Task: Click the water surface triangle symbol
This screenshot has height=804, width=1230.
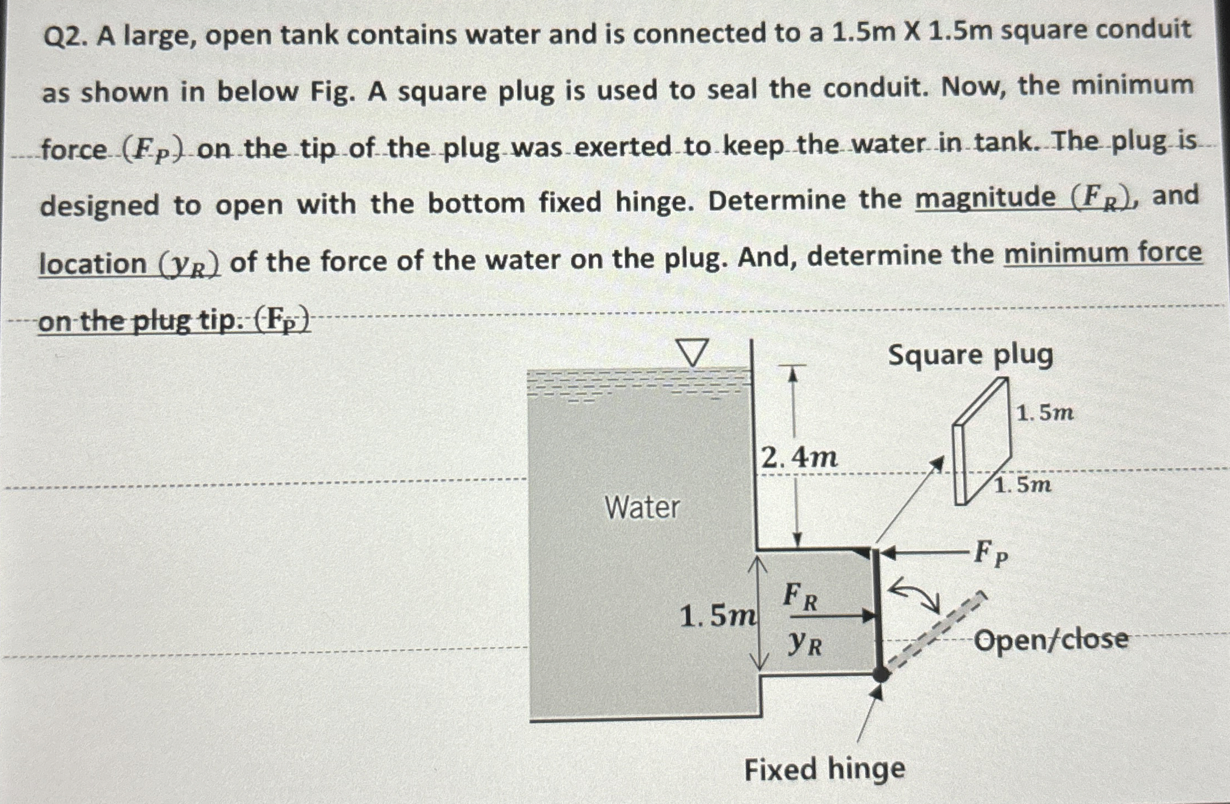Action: click(x=692, y=353)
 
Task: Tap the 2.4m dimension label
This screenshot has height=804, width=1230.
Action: click(x=799, y=458)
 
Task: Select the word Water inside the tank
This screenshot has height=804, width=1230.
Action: click(x=642, y=507)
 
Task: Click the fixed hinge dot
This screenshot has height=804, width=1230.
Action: click(x=881, y=674)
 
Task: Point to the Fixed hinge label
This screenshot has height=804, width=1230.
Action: click(x=825, y=769)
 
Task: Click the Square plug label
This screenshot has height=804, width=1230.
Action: click(x=970, y=355)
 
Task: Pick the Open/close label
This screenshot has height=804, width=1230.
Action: click(x=1050, y=640)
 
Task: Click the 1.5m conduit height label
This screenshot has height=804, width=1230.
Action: click(x=717, y=616)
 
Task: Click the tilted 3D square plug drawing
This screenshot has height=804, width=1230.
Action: click(x=982, y=442)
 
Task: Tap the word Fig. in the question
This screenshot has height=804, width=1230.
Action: click(x=332, y=92)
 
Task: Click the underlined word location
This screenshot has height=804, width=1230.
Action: click(x=93, y=263)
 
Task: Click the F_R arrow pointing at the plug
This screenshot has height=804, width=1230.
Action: click(x=843, y=615)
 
